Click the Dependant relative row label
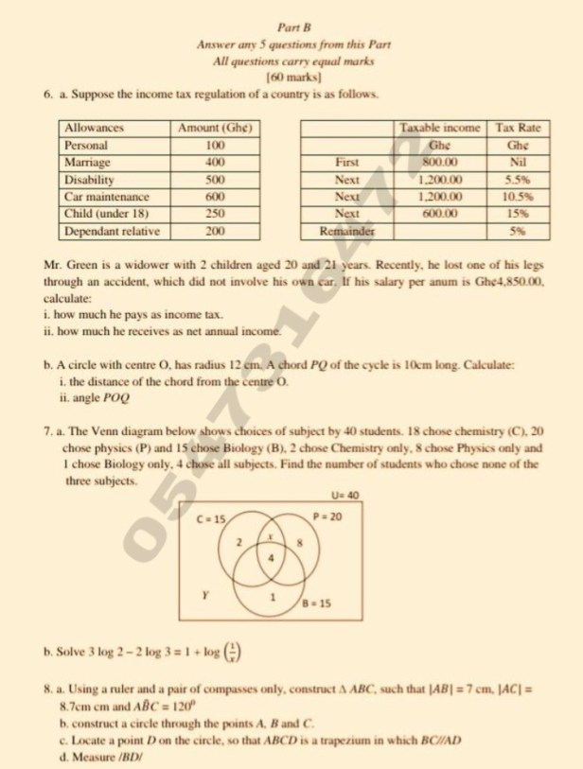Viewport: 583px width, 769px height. coord(111,230)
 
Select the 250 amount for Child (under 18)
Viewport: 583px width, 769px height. coord(214,213)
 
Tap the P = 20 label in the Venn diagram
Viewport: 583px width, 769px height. coord(327,516)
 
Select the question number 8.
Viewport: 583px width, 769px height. coord(48,693)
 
